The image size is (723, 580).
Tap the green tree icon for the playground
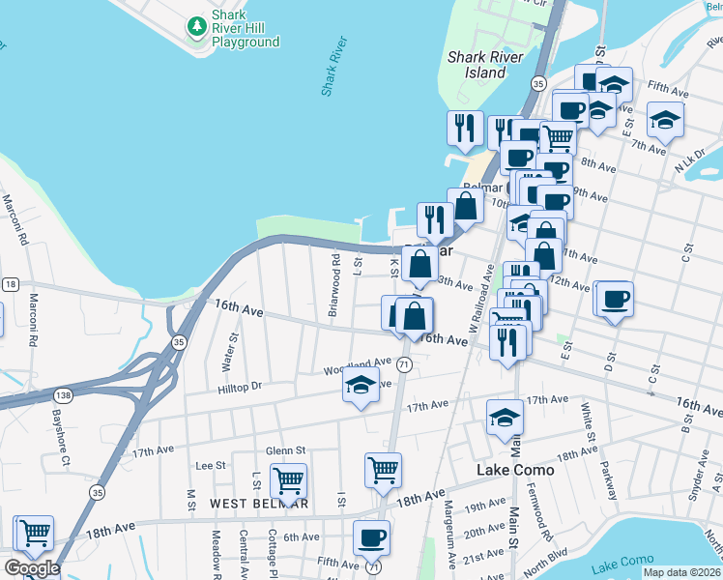coord(196,22)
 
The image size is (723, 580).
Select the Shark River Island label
coord(485,65)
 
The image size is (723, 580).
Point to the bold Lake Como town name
coord(516,470)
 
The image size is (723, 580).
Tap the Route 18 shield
coord(10,284)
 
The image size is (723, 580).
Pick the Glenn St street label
coord(285,450)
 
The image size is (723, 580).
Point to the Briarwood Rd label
coord(333,286)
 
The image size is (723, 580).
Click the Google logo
coord(32,568)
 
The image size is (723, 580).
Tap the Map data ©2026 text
coord(682,572)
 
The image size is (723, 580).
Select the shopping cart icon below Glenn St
coord(288,479)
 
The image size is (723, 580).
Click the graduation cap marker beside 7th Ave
coord(665,120)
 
